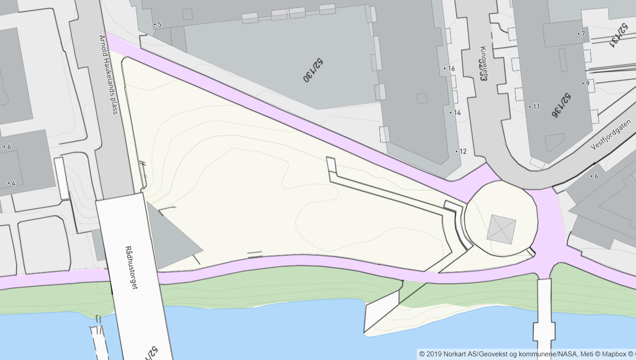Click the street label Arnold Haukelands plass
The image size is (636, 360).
click(109, 75)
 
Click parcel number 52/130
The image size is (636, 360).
click(313, 70)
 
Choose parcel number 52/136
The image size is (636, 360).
click(562, 105)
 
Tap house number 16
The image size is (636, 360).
click(451, 69)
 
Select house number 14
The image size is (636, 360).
click(457, 113)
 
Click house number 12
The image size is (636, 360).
click(463, 152)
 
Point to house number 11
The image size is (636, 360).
click(536, 107)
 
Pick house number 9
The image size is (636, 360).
click(587, 84)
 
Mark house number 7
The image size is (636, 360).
click(583, 34)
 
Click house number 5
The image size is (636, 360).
click(159, 24)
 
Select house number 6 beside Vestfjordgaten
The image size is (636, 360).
click(596, 177)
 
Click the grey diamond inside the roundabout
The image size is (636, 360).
click(502, 229)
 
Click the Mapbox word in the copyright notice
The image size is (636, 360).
click(614, 354)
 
